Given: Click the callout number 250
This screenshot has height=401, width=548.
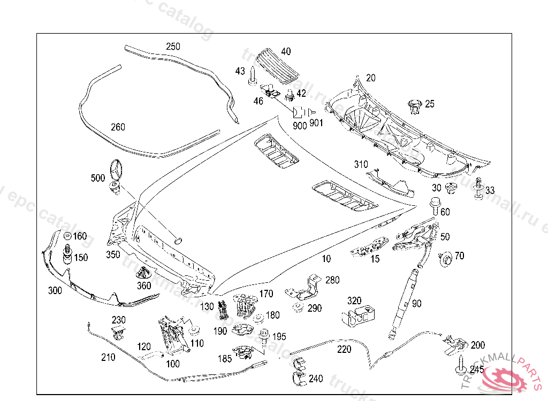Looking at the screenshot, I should click(173, 47).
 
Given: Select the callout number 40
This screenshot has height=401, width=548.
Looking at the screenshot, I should click(286, 52).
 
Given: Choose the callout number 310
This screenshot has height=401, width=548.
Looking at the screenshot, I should click(361, 164).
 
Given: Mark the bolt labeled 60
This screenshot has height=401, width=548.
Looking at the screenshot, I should click(435, 206).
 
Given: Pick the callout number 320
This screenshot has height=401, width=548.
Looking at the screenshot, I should click(354, 301).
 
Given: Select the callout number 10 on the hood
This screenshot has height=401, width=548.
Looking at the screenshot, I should click(326, 259).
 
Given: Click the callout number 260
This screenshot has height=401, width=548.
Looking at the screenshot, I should click(118, 127).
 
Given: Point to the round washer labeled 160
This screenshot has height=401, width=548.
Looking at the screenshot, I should click(67, 236).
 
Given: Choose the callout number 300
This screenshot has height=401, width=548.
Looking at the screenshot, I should click(55, 290).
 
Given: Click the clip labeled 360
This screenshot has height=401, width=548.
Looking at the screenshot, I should click(143, 272).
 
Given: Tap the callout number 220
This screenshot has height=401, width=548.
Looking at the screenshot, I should click(345, 349).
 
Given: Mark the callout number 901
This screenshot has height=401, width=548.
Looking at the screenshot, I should click(317, 124).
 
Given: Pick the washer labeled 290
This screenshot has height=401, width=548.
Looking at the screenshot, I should click(296, 308).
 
